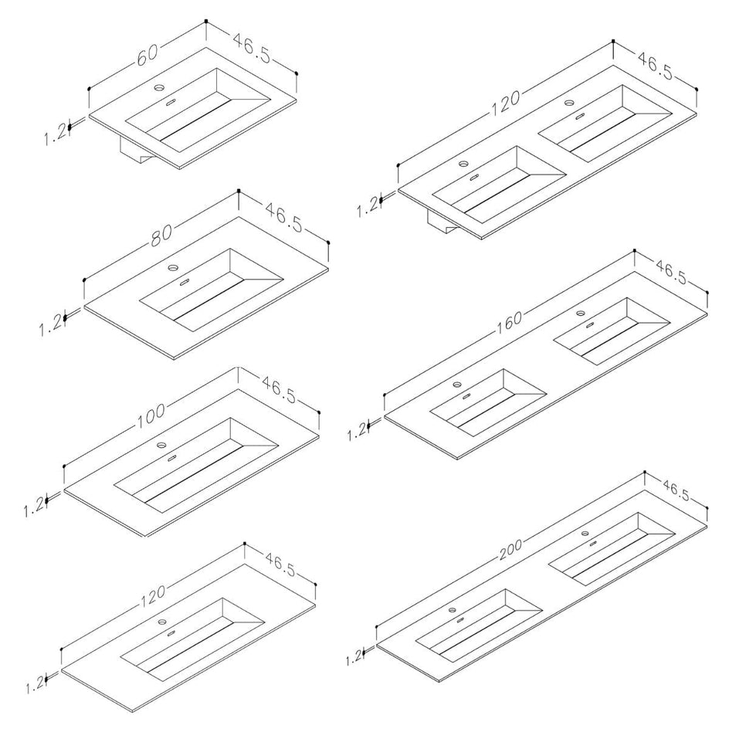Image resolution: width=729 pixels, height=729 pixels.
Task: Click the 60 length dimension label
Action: (x=147, y=54)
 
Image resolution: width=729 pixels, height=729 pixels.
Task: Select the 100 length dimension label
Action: (x=151, y=413)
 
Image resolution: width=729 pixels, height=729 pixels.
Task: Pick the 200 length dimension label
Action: (x=511, y=549)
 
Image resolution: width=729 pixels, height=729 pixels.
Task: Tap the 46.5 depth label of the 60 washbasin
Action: (x=251, y=48)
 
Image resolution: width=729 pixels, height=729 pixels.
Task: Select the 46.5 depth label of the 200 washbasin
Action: (x=677, y=491)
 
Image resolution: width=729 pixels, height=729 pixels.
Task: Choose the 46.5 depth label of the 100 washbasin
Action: (x=279, y=390)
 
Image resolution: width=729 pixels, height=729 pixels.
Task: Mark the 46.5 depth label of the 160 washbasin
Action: (x=671, y=273)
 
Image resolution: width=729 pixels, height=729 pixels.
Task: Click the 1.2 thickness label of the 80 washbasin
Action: (x=50, y=325)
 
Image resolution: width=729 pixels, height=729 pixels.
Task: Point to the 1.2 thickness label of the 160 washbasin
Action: (x=358, y=431)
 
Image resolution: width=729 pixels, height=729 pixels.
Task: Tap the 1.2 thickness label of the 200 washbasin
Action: (x=354, y=657)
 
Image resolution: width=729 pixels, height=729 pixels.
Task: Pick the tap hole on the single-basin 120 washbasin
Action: (x=162, y=621)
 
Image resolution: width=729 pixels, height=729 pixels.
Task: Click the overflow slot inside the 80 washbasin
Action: (x=184, y=281)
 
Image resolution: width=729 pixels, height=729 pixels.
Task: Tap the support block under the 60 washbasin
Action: (x=136, y=151)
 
